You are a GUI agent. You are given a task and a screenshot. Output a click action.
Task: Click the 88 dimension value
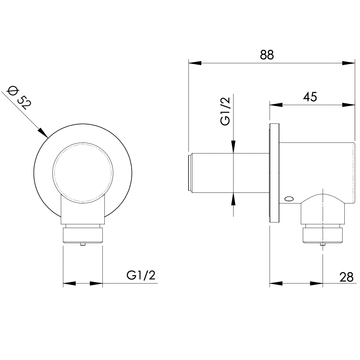pyautogui.click(x=267, y=55)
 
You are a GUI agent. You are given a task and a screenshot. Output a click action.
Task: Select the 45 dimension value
pyautogui.click(x=310, y=97)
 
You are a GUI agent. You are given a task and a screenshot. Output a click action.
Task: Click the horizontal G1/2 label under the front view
pyautogui.click(x=141, y=275)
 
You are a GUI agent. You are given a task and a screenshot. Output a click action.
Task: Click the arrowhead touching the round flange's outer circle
pyautogui.click(x=43, y=133)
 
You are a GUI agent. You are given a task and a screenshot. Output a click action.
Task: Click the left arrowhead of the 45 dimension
pyautogui.click(x=276, y=105)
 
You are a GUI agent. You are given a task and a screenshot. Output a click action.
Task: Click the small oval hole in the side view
pyautogui.click(x=289, y=199)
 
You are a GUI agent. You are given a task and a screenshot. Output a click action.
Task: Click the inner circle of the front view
pyautogui.click(x=83, y=172)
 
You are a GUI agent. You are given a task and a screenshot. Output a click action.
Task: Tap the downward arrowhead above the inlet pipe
pyautogui.click(x=233, y=146)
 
